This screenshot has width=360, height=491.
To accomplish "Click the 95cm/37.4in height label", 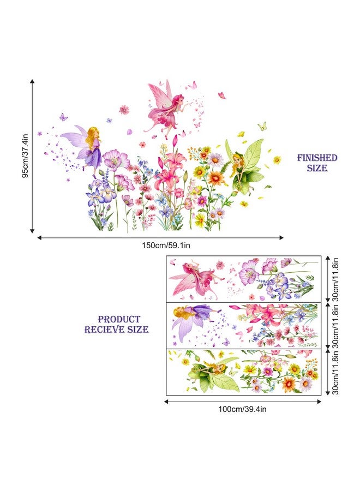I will [24, 155].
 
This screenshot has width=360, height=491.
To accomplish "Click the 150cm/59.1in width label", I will [160, 245].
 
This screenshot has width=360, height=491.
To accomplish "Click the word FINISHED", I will [317, 158].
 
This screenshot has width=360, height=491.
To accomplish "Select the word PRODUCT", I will [119, 319].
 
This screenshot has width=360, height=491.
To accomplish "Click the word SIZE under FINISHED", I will [317, 169].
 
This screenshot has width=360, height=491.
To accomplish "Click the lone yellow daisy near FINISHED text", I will [277, 160].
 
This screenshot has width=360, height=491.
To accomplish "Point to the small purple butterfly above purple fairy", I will [64, 116].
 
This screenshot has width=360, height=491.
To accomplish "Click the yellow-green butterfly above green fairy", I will [262, 126].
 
